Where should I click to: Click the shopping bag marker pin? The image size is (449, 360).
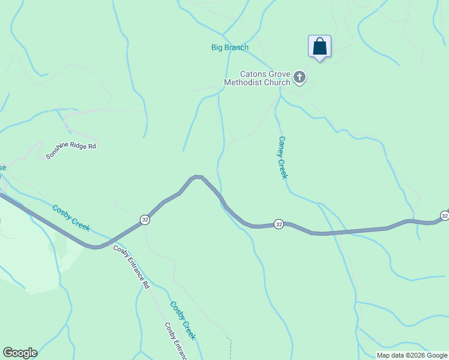[319, 47]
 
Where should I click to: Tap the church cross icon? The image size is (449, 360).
[300, 77]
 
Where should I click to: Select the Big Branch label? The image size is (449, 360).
[229, 47]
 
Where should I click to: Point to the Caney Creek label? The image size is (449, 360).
[283, 157]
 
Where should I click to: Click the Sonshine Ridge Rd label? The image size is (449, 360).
[71, 151]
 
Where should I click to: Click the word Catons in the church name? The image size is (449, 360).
[253, 74]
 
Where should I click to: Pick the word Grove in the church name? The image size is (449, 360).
[279, 74]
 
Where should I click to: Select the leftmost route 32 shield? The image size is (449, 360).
[145, 220]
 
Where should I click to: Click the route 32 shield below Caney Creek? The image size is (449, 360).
[279, 224]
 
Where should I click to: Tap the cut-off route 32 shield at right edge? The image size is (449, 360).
[444, 215]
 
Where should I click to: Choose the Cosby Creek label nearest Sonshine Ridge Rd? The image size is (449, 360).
[71, 218]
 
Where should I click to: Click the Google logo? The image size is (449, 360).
[20, 353]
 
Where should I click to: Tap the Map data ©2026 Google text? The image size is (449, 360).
[411, 355]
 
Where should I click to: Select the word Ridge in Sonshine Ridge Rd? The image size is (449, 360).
[74, 149]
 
